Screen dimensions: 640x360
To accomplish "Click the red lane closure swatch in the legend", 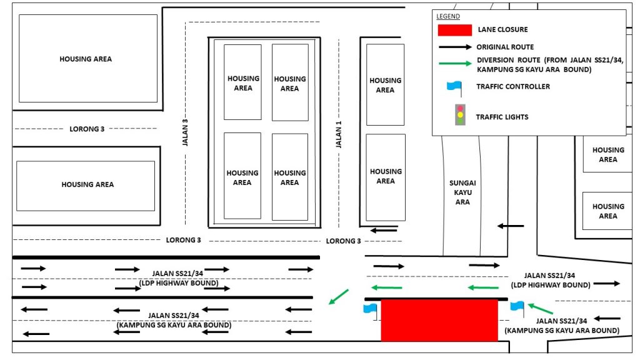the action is [x=455, y=30].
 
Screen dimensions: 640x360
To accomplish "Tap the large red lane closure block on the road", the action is [x=439, y=320].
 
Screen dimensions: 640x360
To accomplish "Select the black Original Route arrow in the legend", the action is [x=455, y=47].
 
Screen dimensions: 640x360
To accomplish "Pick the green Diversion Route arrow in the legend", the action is [x=455, y=63].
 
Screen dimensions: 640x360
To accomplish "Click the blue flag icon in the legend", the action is [x=455, y=88].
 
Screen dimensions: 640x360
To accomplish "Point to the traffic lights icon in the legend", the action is [x=460, y=115].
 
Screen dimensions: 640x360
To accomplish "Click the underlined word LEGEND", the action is [x=447, y=16].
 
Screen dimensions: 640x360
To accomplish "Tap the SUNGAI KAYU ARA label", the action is [x=462, y=192].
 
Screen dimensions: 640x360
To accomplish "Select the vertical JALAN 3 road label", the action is [x=185, y=132].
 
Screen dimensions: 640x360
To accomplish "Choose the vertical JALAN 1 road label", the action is [x=338, y=134].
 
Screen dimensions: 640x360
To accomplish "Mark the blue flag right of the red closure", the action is [x=517, y=308].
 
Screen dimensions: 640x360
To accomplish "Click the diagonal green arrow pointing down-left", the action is [x=338, y=297].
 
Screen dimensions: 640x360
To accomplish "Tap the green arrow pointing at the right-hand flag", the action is [x=541, y=309].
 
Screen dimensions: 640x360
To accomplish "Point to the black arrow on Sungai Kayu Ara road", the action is [x=510, y=226].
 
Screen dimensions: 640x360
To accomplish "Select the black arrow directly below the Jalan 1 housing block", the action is [x=383, y=231].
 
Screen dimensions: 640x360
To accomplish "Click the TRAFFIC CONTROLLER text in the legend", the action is [x=513, y=86].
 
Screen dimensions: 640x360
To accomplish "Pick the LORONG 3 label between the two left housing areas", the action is [x=87, y=129].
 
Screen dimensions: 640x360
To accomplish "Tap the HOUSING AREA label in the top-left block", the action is [x=86, y=59].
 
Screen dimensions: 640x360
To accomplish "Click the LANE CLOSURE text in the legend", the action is [x=503, y=29].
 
